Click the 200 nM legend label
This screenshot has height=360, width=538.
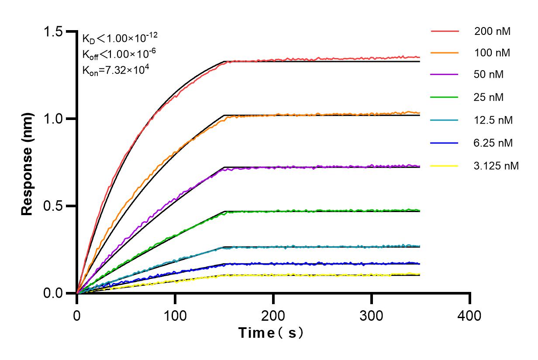click(x=492, y=31)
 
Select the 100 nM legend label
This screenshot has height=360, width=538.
click(x=492, y=53)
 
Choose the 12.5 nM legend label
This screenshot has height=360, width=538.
click(x=493, y=120)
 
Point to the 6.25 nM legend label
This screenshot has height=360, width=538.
click(x=493, y=143)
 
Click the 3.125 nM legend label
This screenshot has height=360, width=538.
click(x=497, y=166)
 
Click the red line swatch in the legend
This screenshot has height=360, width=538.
click(x=445, y=31)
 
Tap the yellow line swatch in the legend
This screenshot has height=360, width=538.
click(x=445, y=166)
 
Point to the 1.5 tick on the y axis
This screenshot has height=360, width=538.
click(x=53, y=32)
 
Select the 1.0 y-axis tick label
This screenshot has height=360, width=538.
click(x=53, y=119)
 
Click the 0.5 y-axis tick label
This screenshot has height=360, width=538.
click(x=53, y=206)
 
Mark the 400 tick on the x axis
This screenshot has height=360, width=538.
click(x=470, y=315)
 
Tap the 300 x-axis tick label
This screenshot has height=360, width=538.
click(x=372, y=315)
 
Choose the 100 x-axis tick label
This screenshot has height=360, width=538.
click(x=175, y=315)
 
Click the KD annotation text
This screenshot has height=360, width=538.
click(x=117, y=38)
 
